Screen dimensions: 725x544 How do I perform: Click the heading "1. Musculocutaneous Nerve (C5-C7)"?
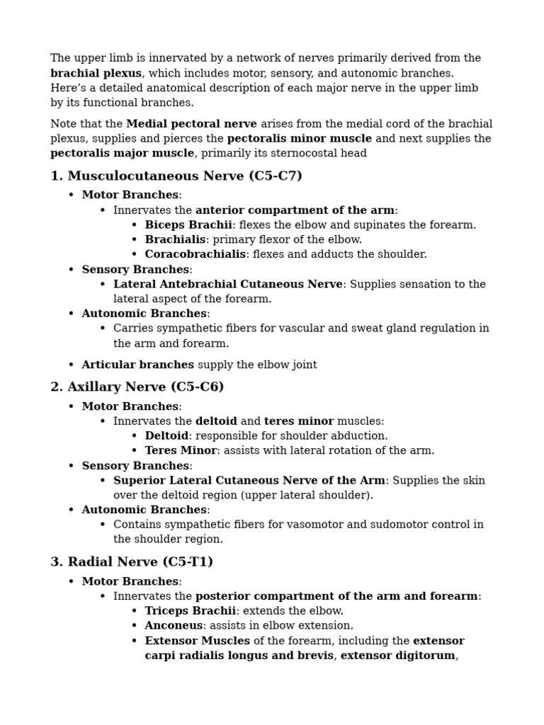(176, 176)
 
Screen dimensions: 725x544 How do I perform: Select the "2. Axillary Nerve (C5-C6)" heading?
(137, 387)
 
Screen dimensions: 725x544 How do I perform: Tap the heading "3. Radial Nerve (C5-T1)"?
(132, 561)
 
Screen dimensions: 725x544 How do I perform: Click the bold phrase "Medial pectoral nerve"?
(191, 124)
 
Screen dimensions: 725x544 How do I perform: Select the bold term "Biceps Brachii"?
(188, 225)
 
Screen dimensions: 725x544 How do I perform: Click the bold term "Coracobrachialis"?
(195, 254)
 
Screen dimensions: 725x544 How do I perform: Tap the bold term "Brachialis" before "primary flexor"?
(175, 239)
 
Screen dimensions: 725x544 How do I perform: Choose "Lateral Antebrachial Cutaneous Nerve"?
(228, 284)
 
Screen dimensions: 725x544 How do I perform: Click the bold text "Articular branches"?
(137, 365)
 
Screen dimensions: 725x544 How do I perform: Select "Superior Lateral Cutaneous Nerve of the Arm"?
(249, 481)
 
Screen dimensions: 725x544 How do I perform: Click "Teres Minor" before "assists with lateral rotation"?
(181, 450)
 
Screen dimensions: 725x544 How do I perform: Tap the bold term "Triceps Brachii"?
(190, 611)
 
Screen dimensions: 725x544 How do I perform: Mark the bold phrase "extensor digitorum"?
(397, 656)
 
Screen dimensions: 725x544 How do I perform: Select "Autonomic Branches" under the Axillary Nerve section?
(144, 510)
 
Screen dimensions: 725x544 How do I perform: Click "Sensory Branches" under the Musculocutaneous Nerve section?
(135, 270)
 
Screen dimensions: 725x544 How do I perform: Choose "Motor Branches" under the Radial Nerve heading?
(130, 582)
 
